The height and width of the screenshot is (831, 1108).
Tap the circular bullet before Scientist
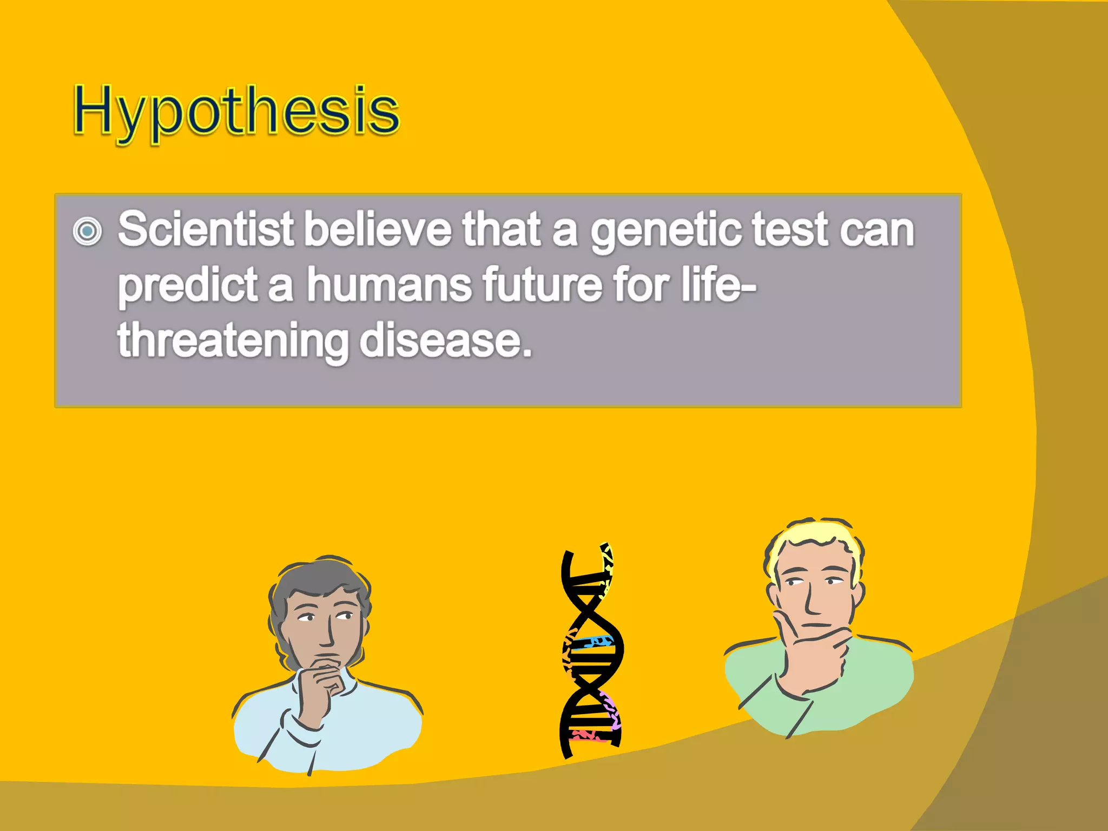click(87, 232)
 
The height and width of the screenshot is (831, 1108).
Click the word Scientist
click(206, 229)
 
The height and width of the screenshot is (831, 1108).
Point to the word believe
click(377, 229)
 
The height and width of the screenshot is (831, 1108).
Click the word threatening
click(233, 342)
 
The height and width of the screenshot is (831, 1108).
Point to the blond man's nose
click(812, 601)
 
